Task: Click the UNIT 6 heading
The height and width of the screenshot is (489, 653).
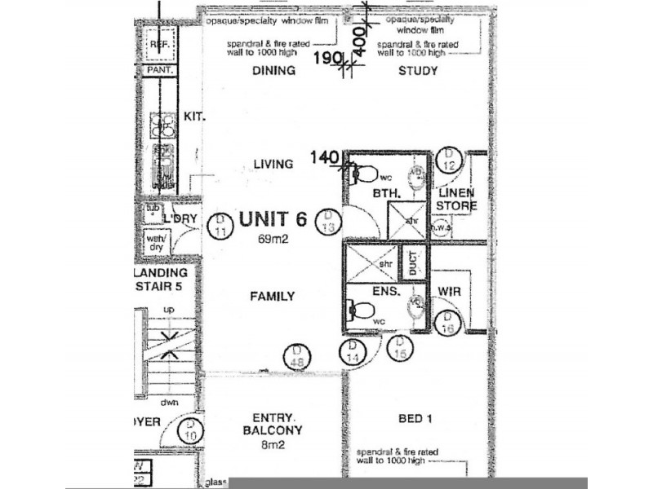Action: coord(273,219)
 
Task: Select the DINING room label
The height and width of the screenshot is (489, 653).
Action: coord(273,71)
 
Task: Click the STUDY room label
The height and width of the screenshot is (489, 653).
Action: coord(418,71)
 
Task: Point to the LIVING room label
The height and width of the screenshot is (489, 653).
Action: coord(273,164)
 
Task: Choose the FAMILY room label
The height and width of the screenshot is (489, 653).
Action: coord(272,297)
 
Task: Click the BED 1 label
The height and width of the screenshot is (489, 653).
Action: coord(415,420)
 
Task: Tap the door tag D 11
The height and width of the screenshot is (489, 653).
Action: coord(220,226)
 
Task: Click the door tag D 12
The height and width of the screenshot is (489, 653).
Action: coord(448,160)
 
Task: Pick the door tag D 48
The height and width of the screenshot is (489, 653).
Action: coord(298,356)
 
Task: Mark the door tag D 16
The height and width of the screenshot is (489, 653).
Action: coord(448,323)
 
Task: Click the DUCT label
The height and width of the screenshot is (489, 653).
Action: coord(415,262)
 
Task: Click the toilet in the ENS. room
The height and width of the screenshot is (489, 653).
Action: coord(361,309)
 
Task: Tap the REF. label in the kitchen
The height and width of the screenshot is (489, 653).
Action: coord(159,45)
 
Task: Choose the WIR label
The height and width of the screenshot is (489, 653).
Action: coord(451,291)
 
